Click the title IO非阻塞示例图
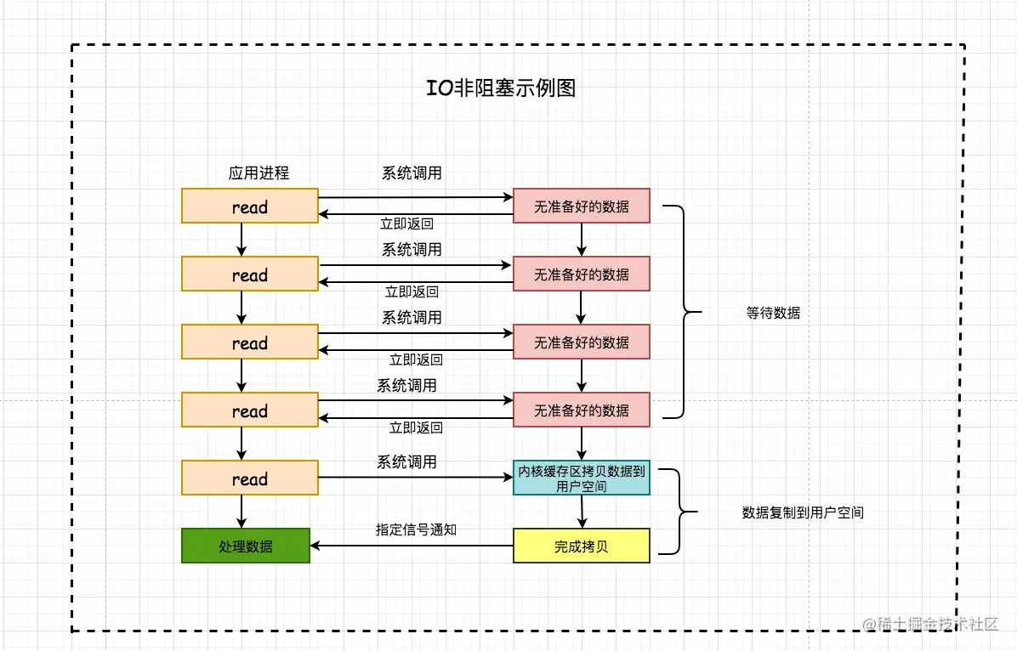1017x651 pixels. point(502,88)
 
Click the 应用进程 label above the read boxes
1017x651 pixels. point(259,173)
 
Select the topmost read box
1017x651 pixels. point(250,207)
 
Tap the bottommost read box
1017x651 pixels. point(250,478)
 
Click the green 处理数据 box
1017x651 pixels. point(246,546)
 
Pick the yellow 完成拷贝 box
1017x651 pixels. point(582,546)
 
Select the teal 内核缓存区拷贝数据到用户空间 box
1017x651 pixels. point(582,478)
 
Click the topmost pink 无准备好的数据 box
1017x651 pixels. point(582,207)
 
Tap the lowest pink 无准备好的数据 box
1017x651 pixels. point(582,410)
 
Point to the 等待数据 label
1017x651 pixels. point(773,313)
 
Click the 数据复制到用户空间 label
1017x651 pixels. point(803,512)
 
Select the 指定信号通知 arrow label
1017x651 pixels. point(417,529)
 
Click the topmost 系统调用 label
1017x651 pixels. point(412,173)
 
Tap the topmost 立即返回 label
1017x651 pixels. point(406,224)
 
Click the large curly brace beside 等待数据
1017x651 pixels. point(685,312)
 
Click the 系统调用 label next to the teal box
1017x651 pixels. point(406,461)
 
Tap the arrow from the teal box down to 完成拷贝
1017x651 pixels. point(582,512)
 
